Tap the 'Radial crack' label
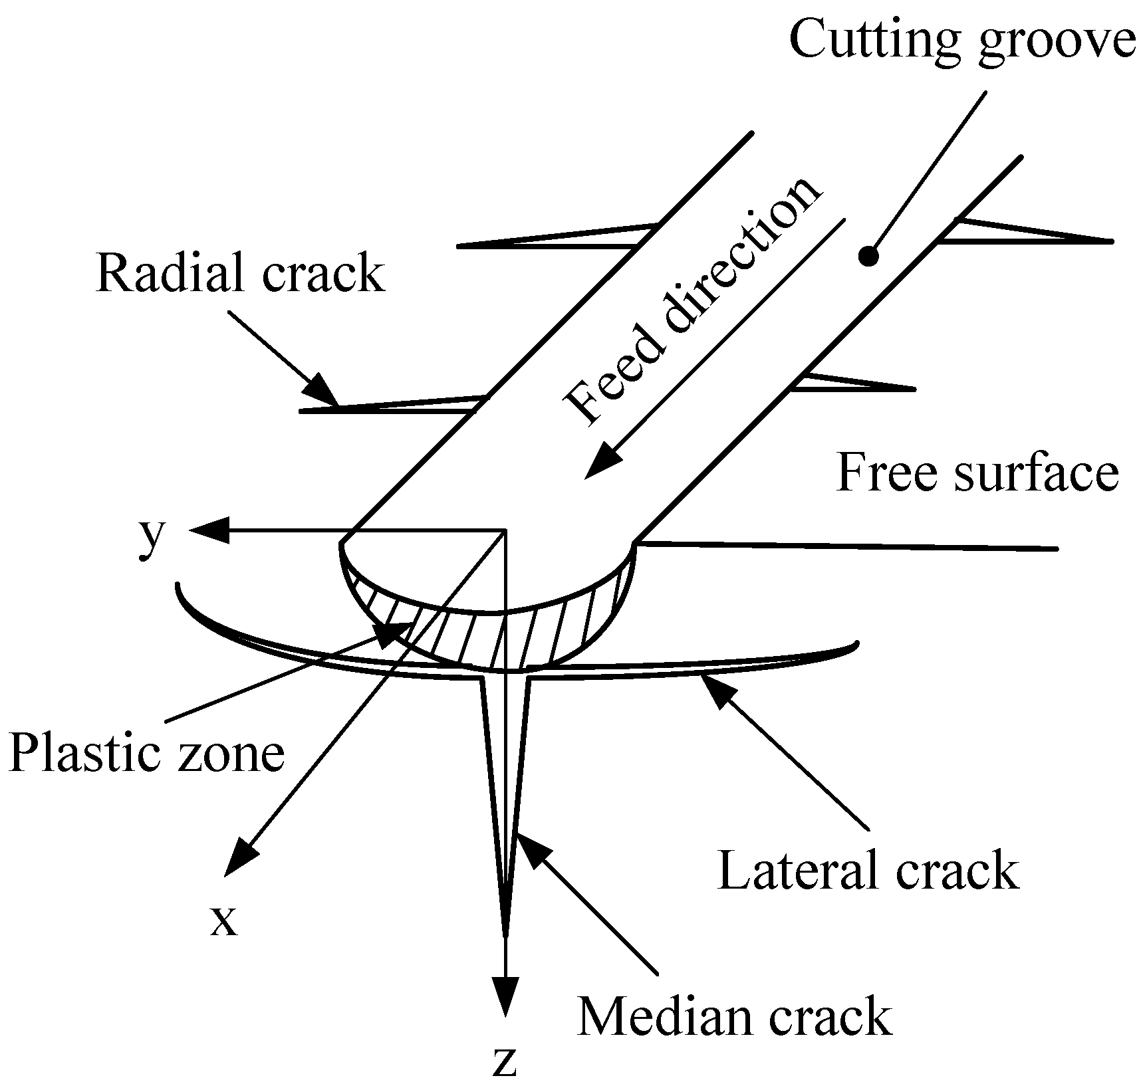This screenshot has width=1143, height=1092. pos(241,273)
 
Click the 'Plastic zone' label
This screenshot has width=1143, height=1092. pos(147,754)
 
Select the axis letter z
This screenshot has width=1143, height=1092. pos(506,1063)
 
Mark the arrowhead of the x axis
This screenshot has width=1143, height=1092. pos(240,858)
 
